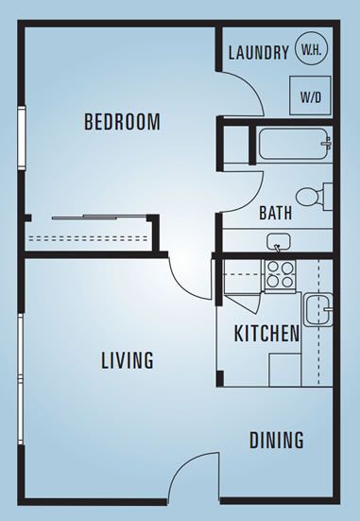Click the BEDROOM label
[x=122, y=122]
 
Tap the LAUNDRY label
[x=259, y=53]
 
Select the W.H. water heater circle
[x=312, y=48]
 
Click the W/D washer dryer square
[x=311, y=96]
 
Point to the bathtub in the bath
[x=295, y=144]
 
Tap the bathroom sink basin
[x=279, y=241]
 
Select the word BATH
[x=276, y=213]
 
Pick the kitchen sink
[x=317, y=309]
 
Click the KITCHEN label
[x=266, y=333]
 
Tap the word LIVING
[x=128, y=360]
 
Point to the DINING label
[x=276, y=440]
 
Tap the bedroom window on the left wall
[x=22, y=138]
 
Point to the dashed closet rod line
[x=88, y=238]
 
